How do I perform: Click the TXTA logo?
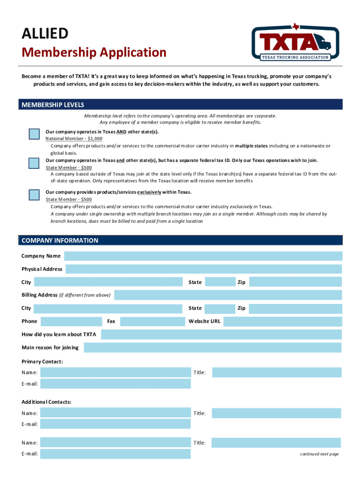pyautogui.click(x=295, y=43)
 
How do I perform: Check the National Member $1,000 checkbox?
pyautogui.click(x=34, y=134)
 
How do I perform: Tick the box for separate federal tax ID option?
pyautogui.click(x=34, y=163)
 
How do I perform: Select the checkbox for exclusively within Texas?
pyautogui.click(x=34, y=195)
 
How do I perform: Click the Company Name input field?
pyautogui.click(x=203, y=256)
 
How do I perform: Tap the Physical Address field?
pyautogui.click(x=203, y=269)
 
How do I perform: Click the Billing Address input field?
pyautogui.click(x=228, y=295)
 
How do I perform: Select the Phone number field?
pyautogui.click(x=72, y=321)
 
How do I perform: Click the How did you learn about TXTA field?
pyautogui.click(x=221, y=334)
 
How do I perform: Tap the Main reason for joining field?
pyautogui.click(x=212, y=348)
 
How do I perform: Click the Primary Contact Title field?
pyautogui.click(x=276, y=373)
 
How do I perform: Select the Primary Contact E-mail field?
pyautogui.click(x=115, y=384)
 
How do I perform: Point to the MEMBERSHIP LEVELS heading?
pyautogui.click(x=53, y=105)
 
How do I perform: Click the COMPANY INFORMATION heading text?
pyautogui.click(x=60, y=240)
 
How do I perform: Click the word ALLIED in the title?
pyautogui.click(x=45, y=34)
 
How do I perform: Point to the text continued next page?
pyautogui.click(x=319, y=454)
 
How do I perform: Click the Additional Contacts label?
pyautogui.click(x=46, y=402)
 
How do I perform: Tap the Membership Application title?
pyautogui.click(x=94, y=52)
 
